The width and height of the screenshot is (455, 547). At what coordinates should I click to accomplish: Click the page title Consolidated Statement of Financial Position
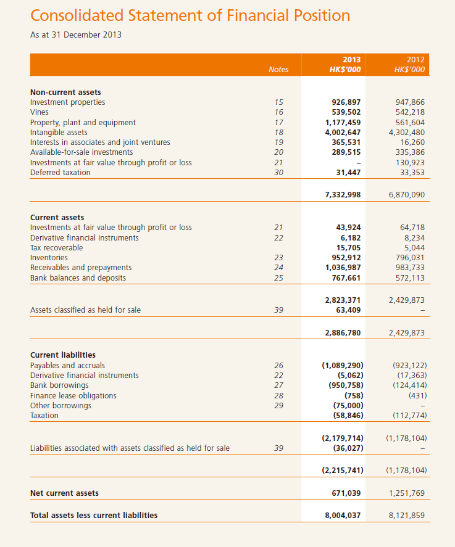(190, 15)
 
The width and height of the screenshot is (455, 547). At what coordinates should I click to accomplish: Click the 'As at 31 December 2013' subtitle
(76, 35)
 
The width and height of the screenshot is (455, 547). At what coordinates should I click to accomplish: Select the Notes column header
(278, 70)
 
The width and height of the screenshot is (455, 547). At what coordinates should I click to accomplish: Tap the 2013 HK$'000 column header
(345, 65)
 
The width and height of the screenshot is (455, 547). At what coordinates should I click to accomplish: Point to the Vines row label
(40, 112)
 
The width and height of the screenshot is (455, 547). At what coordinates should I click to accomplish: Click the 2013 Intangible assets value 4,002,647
(343, 133)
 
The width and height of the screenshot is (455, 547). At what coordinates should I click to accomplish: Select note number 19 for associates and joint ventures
(278, 142)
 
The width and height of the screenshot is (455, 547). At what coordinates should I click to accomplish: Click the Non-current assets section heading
(65, 93)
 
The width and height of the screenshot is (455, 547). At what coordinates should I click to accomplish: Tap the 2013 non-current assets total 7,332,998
(343, 195)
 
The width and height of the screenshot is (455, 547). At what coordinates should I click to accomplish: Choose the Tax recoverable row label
(56, 248)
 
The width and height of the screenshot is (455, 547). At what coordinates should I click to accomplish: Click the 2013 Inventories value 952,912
(346, 258)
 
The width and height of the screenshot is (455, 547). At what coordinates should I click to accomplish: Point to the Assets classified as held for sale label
(85, 310)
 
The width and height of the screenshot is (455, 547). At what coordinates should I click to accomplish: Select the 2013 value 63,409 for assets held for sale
(348, 310)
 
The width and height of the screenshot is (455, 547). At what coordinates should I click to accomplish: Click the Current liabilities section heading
(63, 355)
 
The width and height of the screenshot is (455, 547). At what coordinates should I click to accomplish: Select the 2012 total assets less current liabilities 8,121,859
(404, 516)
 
